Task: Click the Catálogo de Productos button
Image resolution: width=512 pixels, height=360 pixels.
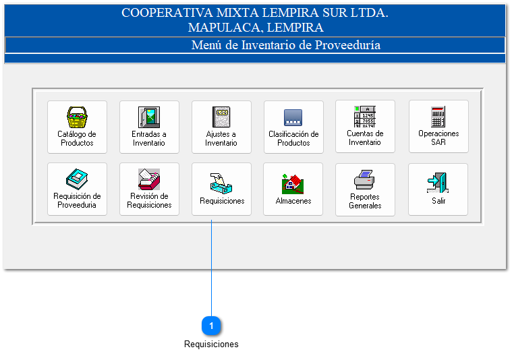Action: pos(77,127)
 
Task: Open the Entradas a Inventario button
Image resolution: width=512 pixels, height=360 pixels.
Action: pos(149,127)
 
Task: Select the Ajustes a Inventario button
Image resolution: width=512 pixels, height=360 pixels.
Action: pos(221,127)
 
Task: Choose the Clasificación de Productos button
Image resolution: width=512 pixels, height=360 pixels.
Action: pos(293,127)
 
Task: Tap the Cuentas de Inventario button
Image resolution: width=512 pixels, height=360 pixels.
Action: pos(365,127)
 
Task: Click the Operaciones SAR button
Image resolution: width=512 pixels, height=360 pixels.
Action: pos(438,127)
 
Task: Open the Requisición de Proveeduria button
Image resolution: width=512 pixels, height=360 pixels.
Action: pos(77,189)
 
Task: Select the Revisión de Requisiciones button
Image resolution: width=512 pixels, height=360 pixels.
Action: pos(149,189)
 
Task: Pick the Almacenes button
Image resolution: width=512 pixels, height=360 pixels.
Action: pos(293,189)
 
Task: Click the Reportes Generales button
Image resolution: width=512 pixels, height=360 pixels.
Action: pos(365,189)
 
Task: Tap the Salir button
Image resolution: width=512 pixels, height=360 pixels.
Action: pos(438,189)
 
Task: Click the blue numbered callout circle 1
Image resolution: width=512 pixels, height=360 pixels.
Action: pos(212,326)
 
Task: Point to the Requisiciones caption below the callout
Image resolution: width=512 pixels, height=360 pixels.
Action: pos(211,344)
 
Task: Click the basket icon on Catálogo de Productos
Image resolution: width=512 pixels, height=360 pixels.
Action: pos(77,117)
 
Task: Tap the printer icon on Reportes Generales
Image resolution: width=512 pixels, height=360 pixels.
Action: pos(365,180)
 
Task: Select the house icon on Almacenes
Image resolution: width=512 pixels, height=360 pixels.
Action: pos(293,183)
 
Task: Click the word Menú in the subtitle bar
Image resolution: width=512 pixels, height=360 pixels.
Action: pos(206,45)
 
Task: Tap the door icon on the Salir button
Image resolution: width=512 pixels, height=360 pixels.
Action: pos(438,183)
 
